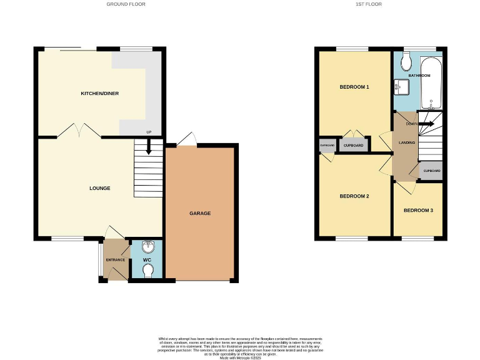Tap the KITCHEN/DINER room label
click(x=100, y=94)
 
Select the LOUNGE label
click(x=100, y=188)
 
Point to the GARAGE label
click(x=200, y=214)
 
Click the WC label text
click(x=147, y=259)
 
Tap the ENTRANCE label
click(x=115, y=259)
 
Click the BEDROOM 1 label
click(x=354, y=87)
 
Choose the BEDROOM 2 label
click(x=354, y=196)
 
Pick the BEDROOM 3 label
click(x=418, y=211)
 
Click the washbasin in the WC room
click(x=147, y=246)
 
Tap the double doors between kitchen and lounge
click(x=79, y=131)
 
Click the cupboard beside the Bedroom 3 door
click(x=431, y=171)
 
